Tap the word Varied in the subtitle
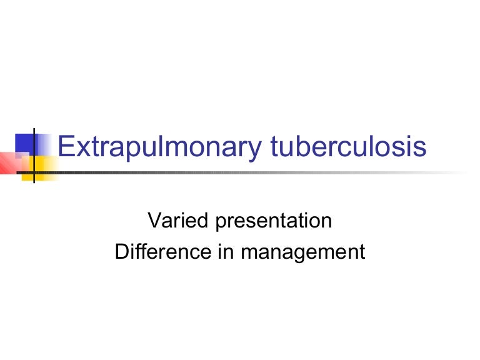click(x=168, y=221)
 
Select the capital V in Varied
click(x=152, y=221)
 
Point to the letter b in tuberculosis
click(x=307, y=147)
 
